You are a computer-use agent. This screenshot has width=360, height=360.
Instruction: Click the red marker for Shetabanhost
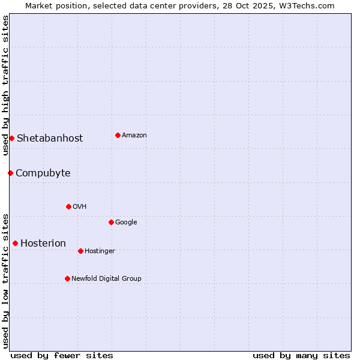11,138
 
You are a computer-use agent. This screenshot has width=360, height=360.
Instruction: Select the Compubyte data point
10,173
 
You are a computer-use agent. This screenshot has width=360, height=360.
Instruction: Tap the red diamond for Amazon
118,135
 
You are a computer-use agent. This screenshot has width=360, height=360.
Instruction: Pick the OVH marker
68,206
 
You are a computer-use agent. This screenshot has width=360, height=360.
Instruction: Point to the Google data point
111,222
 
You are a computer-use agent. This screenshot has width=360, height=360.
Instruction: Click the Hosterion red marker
15,243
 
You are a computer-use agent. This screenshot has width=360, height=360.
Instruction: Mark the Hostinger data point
80,251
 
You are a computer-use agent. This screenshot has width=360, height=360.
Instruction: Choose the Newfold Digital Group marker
67,278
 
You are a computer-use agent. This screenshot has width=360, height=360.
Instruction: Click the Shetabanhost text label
50,138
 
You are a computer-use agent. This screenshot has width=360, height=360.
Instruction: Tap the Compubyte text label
43,173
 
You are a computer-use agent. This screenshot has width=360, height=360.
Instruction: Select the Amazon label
134,135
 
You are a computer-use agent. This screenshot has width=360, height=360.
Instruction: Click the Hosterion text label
43,243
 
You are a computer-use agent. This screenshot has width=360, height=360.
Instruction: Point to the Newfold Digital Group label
106,278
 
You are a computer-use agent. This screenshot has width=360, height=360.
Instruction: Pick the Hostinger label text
100,251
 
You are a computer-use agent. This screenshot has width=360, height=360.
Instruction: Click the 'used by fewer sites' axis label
62,355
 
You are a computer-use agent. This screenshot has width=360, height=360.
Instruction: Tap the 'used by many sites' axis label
301,355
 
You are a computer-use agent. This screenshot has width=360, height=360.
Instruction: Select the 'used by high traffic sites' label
5,85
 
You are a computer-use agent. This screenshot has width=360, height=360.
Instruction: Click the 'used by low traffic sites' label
5,280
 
